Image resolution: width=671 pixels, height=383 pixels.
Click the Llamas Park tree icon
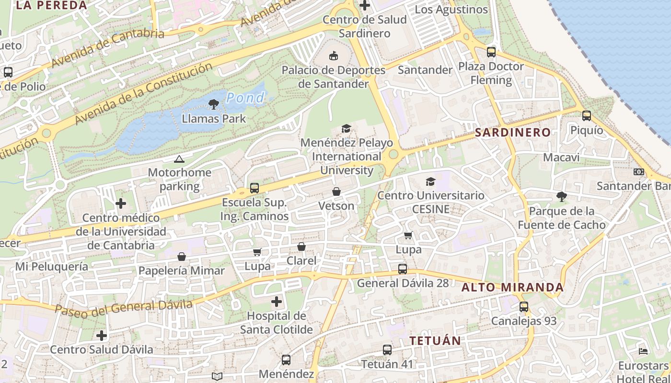coord(214,104)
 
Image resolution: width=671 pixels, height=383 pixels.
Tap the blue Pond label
coord(245,98)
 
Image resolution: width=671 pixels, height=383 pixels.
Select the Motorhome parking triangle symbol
coord(179,159)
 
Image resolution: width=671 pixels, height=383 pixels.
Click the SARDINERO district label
coord(512,133)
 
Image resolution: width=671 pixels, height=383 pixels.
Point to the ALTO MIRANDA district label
coord(512,288)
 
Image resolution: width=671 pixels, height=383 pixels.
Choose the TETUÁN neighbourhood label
coord(435,341)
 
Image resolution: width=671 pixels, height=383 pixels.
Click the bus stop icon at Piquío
coord(587,116)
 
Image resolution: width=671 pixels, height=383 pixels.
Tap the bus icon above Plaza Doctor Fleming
coord(491,52)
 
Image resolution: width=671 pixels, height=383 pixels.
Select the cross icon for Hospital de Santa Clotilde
coord(277,302)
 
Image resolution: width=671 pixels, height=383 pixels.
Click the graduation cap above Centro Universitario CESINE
coord(430,181)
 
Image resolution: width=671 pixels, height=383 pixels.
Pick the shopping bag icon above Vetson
coord(336,191)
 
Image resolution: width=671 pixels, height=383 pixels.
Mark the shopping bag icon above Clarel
coord(301,247)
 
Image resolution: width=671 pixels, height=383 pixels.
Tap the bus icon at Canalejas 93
coord(524,307)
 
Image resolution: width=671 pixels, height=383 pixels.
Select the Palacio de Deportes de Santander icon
coord(333,56)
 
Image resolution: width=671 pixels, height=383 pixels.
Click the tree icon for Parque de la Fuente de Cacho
coord(561,196)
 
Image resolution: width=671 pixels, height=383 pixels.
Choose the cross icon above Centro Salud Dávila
coord(102,335)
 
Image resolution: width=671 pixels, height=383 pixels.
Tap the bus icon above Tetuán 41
coord(387,350)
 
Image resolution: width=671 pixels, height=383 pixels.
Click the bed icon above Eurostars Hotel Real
coord(643,351)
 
